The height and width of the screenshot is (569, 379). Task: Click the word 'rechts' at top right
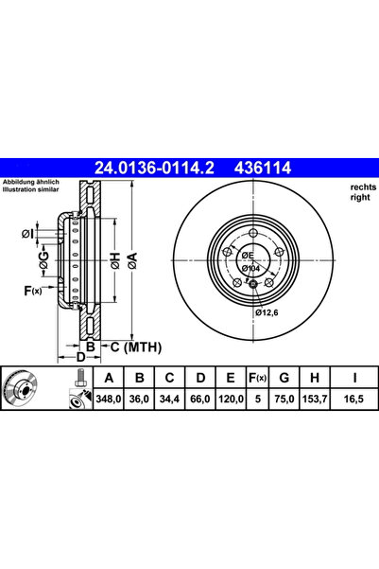point(350,187)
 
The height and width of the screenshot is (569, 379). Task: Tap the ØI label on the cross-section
point(27,234)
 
